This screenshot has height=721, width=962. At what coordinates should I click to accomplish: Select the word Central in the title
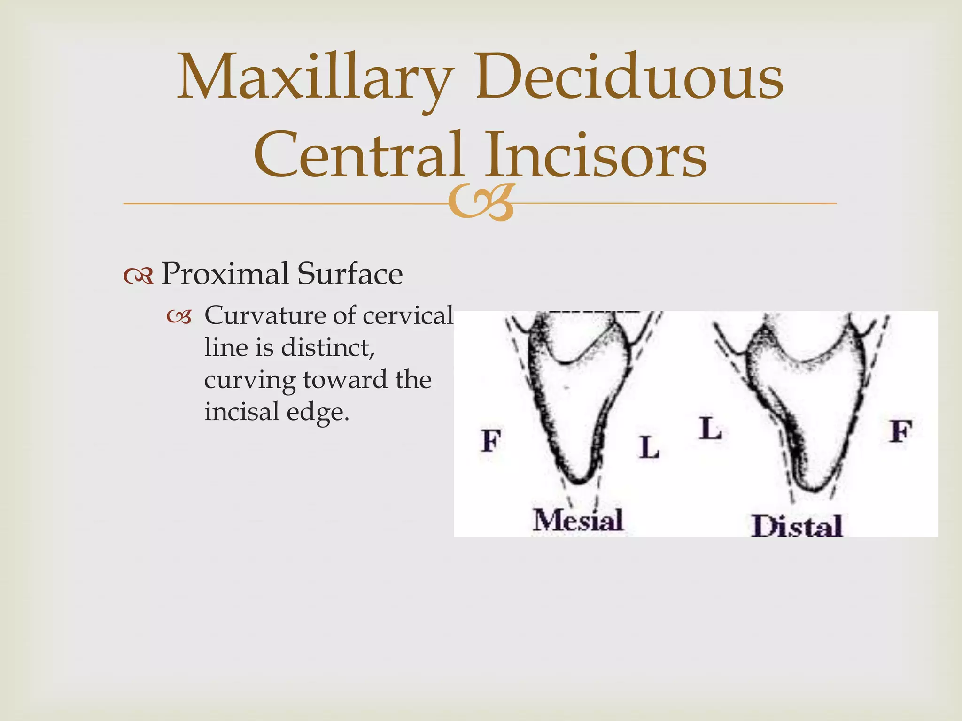(359, 155)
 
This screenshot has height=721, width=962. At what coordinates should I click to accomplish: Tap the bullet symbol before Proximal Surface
(139, 276)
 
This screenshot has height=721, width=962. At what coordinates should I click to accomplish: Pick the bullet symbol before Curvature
(179, 318)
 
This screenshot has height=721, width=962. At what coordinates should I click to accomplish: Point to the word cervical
(408, 315)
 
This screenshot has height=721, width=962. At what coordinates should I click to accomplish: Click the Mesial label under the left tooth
(578, 520)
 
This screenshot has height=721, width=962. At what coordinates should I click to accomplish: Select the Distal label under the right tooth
(797, 526)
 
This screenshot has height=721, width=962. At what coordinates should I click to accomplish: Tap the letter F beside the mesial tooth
(491, 441)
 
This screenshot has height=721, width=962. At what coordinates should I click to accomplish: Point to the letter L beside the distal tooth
(710, 429)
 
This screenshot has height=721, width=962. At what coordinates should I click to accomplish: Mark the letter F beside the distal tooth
(900, 431)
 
